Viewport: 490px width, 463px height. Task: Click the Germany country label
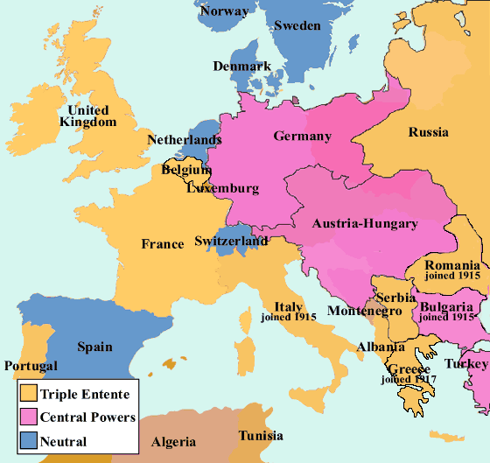pyautogui.click(x=302, y=136)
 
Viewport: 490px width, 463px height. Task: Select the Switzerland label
pyautogui.click(x=231, y=241)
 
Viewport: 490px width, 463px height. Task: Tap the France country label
pyautogui.click(x=163, y=244)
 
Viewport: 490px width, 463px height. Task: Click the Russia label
pyautogui.click(x=428, y=133)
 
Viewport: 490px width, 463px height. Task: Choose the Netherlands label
pyautogui.click(x=184, y=140)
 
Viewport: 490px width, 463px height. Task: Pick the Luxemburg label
pyautogui.click(x=223, y=188)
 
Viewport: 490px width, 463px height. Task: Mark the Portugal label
pyautogui.click(x=31, y=366)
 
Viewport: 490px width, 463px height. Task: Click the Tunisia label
pyautogui.click(x=262, y=436)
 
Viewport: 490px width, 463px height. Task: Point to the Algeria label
pyautogui.click(x=174, y=442)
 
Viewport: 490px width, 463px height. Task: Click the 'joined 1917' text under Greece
pyautogui.click(x=409, y=379)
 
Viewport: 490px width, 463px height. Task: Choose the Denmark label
pyautogui.click(x=241, y=67)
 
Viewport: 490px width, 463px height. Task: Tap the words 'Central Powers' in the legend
pyautogui.click(x=87, y=417)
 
